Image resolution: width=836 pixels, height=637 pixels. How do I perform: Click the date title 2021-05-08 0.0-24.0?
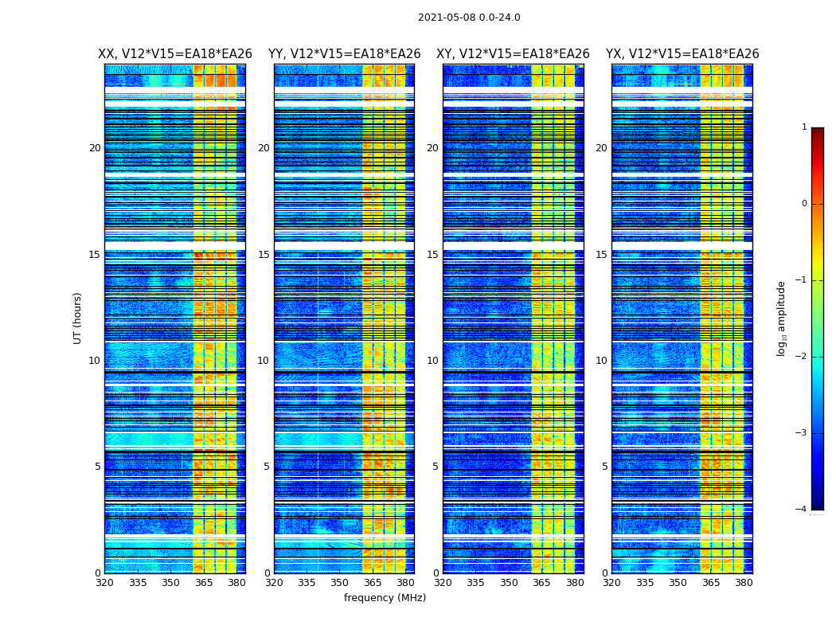pos(469,18)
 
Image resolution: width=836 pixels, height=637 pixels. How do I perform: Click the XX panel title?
pos(175,54)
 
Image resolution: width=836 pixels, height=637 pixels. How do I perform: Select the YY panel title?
pos(344,54)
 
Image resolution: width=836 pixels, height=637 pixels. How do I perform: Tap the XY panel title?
pos(513,54)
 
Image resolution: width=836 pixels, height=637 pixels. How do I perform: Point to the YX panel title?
pos(682,54)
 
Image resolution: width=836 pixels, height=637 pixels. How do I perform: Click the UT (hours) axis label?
pos(78,318)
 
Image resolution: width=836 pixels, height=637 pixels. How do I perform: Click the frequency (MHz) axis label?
pos(385,598)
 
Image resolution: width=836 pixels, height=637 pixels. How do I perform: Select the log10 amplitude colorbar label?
pos(782,318)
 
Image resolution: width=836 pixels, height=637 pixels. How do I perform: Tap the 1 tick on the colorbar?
pos(804,127)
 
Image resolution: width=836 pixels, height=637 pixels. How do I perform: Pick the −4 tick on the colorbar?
pos(802,510)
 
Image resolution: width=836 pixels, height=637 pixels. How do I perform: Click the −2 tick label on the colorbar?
pos(802,357)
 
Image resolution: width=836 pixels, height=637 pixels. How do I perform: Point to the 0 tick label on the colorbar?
pos(804,204)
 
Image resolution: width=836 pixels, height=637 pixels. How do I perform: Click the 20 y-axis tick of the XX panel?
pos(95,148)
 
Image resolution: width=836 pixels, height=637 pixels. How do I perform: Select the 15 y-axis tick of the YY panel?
pos(264,255)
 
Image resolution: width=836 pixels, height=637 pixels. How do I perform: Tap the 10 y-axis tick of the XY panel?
pos(432,361)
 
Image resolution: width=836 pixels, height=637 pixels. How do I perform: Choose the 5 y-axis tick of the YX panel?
pos(604,467)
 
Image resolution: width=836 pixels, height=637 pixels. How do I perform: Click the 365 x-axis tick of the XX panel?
pos(204,582)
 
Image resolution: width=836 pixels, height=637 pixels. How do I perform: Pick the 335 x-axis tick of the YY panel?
pos(307,582)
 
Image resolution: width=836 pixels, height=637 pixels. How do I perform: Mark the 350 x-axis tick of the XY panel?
pos(509,582)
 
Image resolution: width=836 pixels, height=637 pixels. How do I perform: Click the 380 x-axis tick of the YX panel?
pos(744,582)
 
